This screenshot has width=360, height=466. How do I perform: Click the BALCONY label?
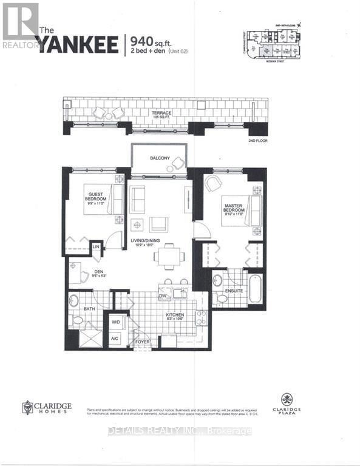click(161, 158)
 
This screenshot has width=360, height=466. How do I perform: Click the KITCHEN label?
click(175, 315)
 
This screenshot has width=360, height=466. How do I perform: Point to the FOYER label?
click(143, 342)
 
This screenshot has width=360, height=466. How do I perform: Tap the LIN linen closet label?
click(96, 248)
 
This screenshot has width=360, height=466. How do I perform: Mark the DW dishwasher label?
click(163, 296)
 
